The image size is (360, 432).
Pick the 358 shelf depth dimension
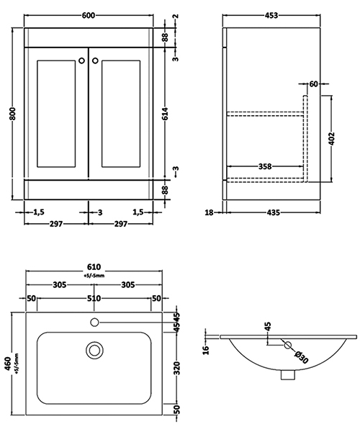pos(264,167)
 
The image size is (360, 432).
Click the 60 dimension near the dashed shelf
pos(313,84)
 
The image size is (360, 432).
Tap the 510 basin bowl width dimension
pos(94,298)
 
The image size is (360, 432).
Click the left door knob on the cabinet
pos(81,61)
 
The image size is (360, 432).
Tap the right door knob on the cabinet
pos(96,61)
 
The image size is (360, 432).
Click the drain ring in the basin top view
pos(94,350)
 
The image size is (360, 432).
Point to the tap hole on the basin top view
pos(94,320)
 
